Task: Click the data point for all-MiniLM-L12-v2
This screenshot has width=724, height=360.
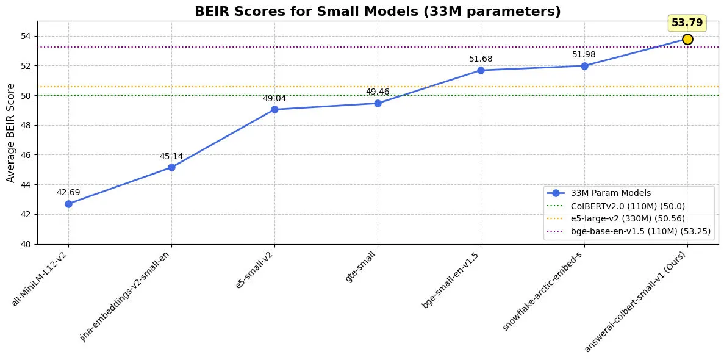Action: (68, 204)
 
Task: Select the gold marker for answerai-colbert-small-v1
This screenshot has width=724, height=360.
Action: (687, 39)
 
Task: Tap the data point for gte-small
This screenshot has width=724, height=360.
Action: (378, 103)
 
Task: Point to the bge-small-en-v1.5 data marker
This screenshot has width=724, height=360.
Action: (481, 70)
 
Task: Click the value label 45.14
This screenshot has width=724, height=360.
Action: (171, 156)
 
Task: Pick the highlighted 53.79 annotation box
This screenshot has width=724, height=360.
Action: (687, 23)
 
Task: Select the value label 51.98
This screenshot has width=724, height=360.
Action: (584, 55)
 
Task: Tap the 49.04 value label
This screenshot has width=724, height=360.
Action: (274, 98)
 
